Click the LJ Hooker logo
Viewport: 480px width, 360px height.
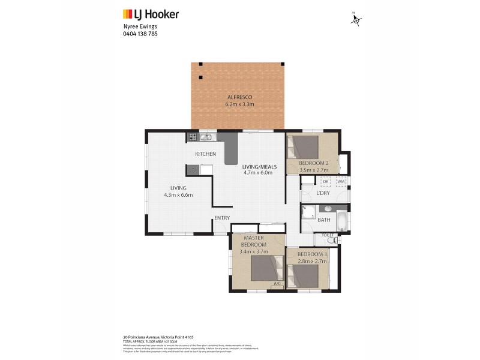tap(151, 14)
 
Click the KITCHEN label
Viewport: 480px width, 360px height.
tap(205, 154)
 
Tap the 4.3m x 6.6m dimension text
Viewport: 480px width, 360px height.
tap(178, 195)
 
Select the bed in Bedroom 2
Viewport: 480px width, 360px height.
tap(305, 147)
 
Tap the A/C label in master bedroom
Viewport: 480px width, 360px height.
tap(277, 283)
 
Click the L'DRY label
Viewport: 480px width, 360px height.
tap(322, 193)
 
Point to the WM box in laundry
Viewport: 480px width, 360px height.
tap(340, 181)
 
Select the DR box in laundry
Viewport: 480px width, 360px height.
tap(326, 181)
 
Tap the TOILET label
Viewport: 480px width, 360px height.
tap(327, 235)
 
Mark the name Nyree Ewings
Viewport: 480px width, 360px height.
tap(137, 27)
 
